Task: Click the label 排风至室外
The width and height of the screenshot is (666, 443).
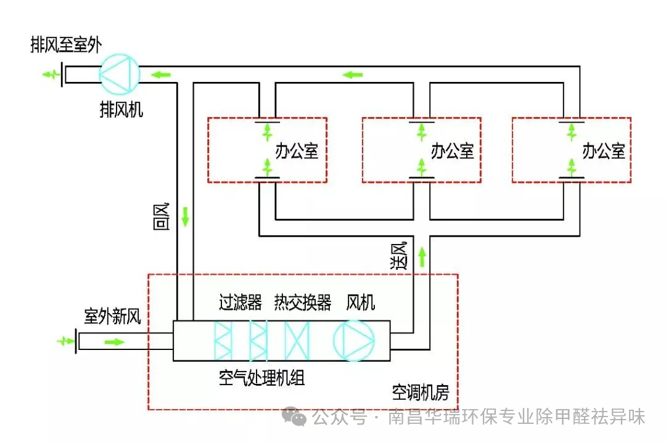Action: (x=66, y=45)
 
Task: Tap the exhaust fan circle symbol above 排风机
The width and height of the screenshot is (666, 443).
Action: (x=120, y=73)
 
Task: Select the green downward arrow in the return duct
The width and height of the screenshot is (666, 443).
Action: (x=186, y=217)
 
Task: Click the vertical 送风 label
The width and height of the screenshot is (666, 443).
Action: (x=399, y=254)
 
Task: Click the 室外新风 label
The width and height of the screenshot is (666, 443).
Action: (x=113, y=317)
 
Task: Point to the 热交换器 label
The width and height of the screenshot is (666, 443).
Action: (x=303, y=303)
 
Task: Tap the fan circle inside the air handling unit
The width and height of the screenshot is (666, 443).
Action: (x=354, y=340)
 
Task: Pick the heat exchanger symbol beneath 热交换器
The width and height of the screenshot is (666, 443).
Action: (x=300, y=340)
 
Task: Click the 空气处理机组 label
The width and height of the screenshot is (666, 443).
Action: (x=262, y=377)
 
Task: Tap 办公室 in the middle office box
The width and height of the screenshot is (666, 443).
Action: (x=452, y=150)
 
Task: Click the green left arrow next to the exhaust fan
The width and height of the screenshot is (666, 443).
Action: (x=161, y=75)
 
